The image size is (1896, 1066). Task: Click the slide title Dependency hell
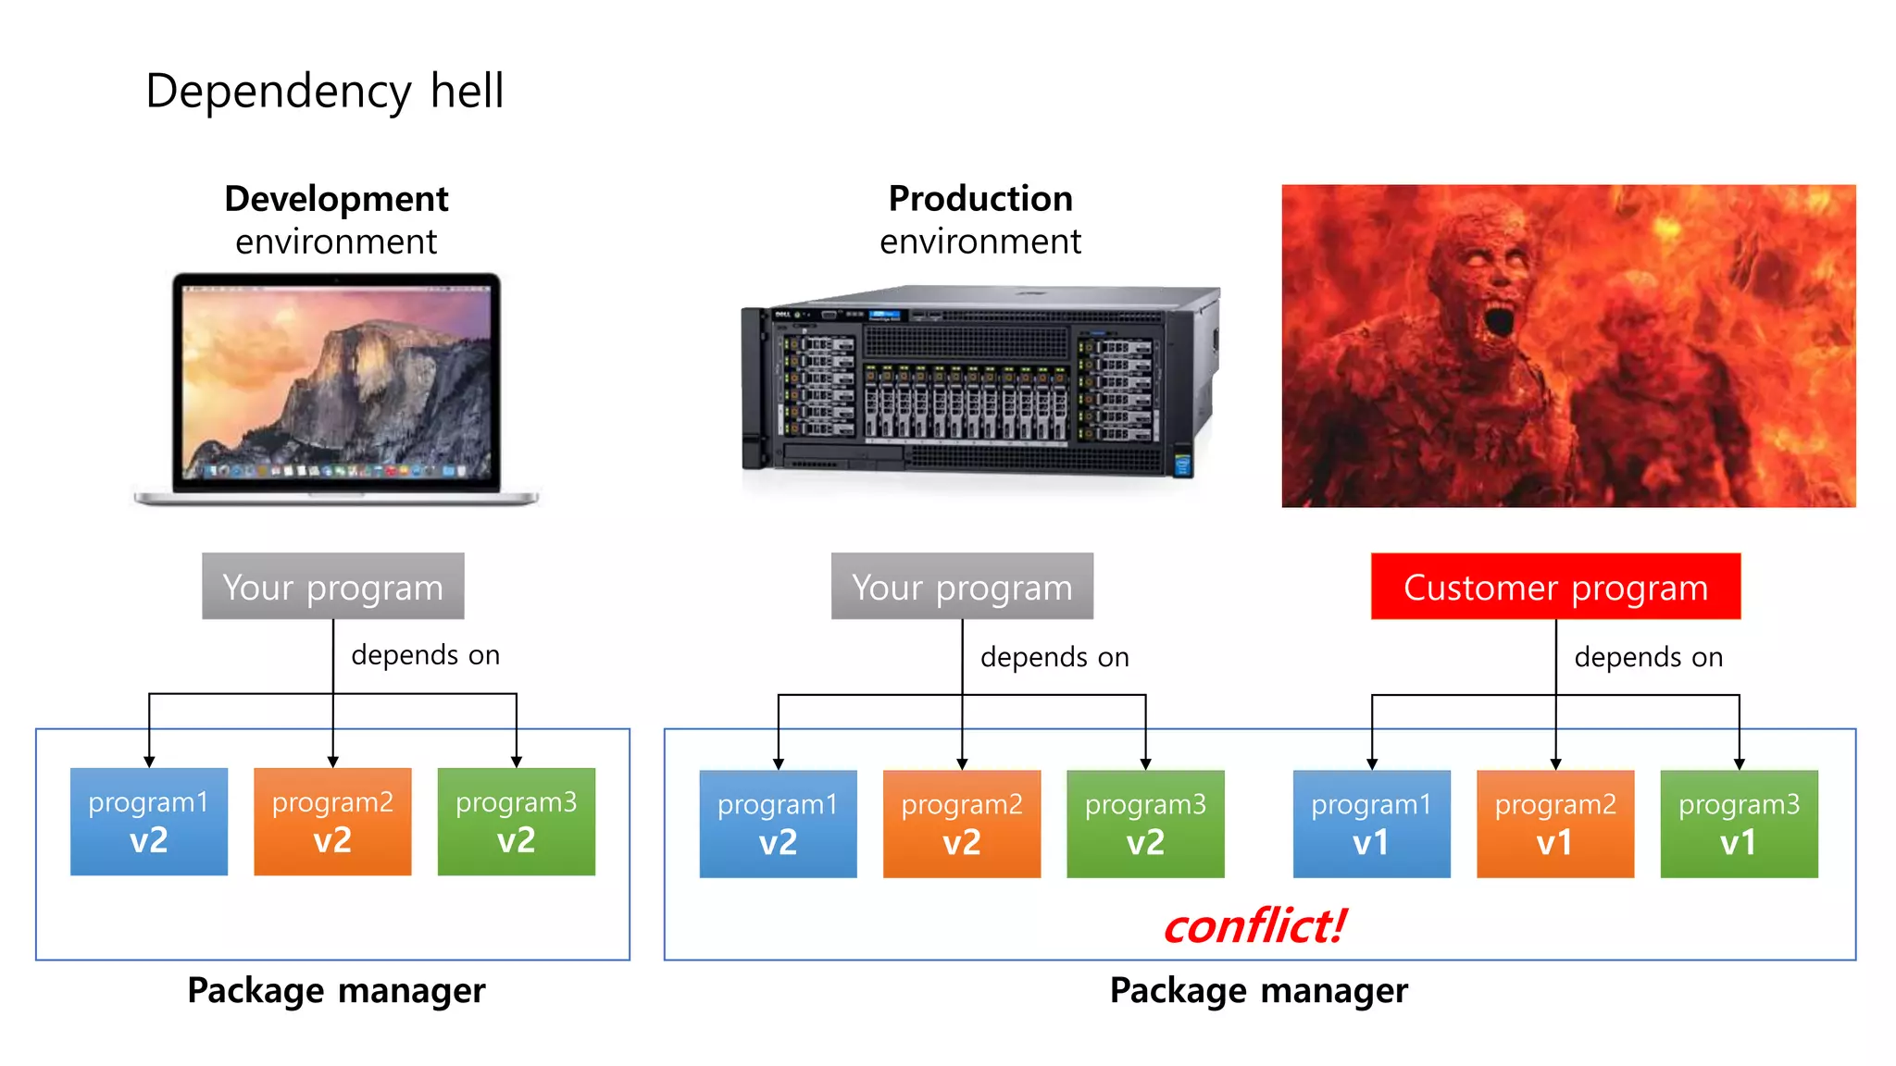[x=324, y=92]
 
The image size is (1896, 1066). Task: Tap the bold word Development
[x=336, y=199]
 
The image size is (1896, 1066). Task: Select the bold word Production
[x=980, y=199]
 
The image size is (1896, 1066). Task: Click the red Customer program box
[x=1555, y=587]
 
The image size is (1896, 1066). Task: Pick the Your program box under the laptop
[x=333, y=587]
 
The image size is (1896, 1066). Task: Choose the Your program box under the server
[x=962, y=587]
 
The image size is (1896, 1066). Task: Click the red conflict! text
[x=1254, y=925]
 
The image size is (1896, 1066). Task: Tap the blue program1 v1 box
[x=1371, y=824]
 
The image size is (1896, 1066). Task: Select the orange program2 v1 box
[x=1555, y=824]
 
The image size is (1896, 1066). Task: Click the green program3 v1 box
[x=1739, y=824]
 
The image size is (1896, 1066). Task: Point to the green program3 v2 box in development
[x=516, y=822]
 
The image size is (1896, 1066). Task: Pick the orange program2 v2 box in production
[x=962, y=824]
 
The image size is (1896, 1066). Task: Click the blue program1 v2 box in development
[x=149, y=822]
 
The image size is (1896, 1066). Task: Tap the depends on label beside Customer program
[x=1648, y=657]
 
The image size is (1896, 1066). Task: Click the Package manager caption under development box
[x=336, y=990]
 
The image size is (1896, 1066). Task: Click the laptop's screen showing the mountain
[x=336, y=381]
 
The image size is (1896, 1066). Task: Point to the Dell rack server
[x=979, y=381]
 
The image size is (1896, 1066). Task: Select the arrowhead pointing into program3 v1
[x=1739, y=764]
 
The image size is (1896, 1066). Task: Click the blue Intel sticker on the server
[x=1182, y=464]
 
